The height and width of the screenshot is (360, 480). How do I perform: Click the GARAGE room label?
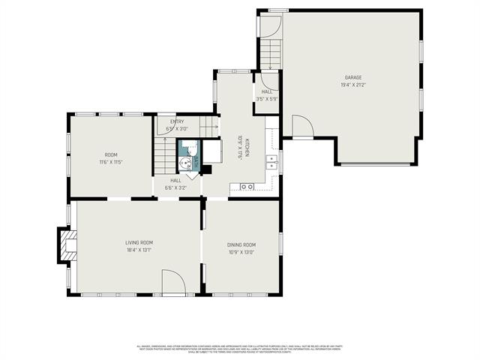(353, 77)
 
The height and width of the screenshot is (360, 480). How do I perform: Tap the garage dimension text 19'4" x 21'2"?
(353, 85)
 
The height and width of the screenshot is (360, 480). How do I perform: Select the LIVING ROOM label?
(139, 242)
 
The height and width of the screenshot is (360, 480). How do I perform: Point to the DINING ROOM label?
(241, 244)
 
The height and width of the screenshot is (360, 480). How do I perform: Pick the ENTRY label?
(177, 121)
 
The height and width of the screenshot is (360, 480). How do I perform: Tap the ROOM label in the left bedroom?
(109, 154)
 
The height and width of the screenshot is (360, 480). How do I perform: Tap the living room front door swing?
(173, 283)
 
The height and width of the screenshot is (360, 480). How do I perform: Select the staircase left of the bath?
(163, 156)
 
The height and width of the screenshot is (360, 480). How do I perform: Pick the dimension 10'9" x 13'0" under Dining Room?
(241, 252)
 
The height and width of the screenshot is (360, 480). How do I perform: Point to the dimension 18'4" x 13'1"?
(139, 250)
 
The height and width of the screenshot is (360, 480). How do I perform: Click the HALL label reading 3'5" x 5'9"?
(266, 94)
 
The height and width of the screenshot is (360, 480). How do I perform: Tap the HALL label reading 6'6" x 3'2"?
(175, 184)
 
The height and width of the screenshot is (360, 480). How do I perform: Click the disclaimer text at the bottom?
(239, 349)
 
